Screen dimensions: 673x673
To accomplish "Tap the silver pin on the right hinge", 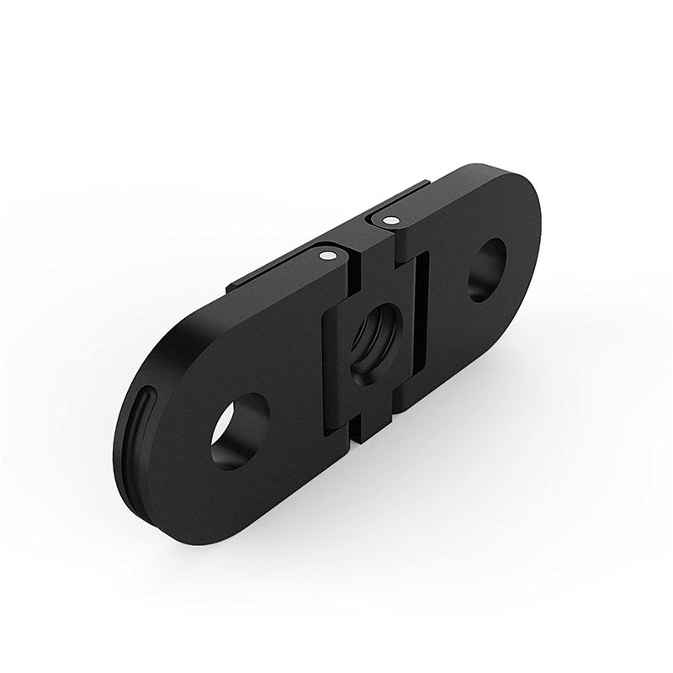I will (x=388, y=220).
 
